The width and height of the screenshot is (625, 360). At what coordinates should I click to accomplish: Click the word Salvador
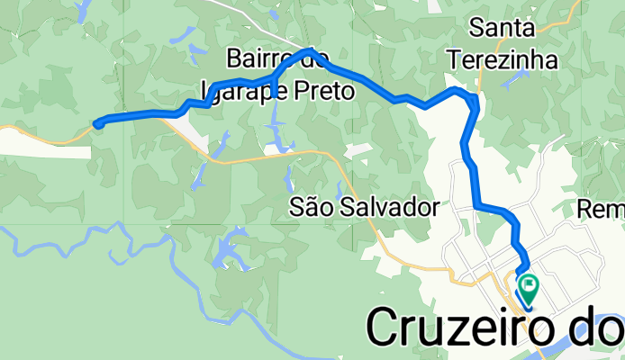coord(388,208)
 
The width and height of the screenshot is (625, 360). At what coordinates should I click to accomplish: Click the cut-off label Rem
coord(602,210)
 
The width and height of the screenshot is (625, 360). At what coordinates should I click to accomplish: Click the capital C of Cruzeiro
coord(386,329)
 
